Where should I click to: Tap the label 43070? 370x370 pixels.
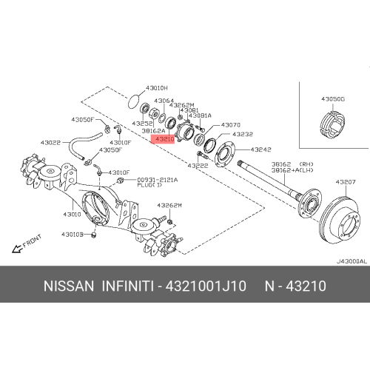[230, 125]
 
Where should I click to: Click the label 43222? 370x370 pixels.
[198, 166]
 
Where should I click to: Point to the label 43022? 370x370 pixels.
[51, 142]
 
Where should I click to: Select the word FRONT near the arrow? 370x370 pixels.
[33, 242]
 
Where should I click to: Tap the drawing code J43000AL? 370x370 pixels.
[350, 261]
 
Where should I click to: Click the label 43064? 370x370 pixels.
[164, 101]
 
